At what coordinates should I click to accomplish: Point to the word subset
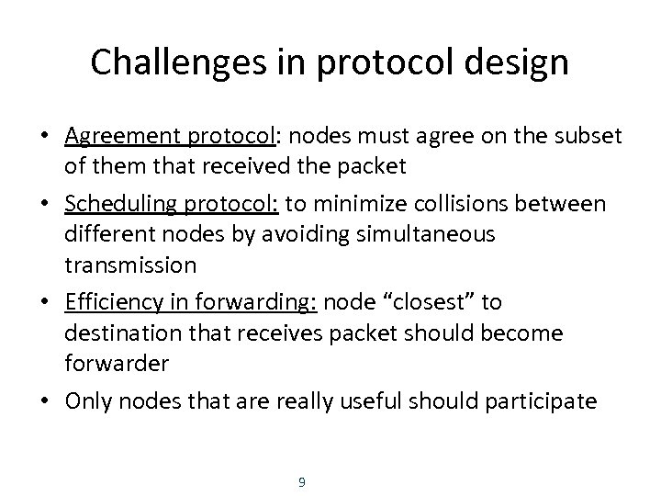tap(589, 136)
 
